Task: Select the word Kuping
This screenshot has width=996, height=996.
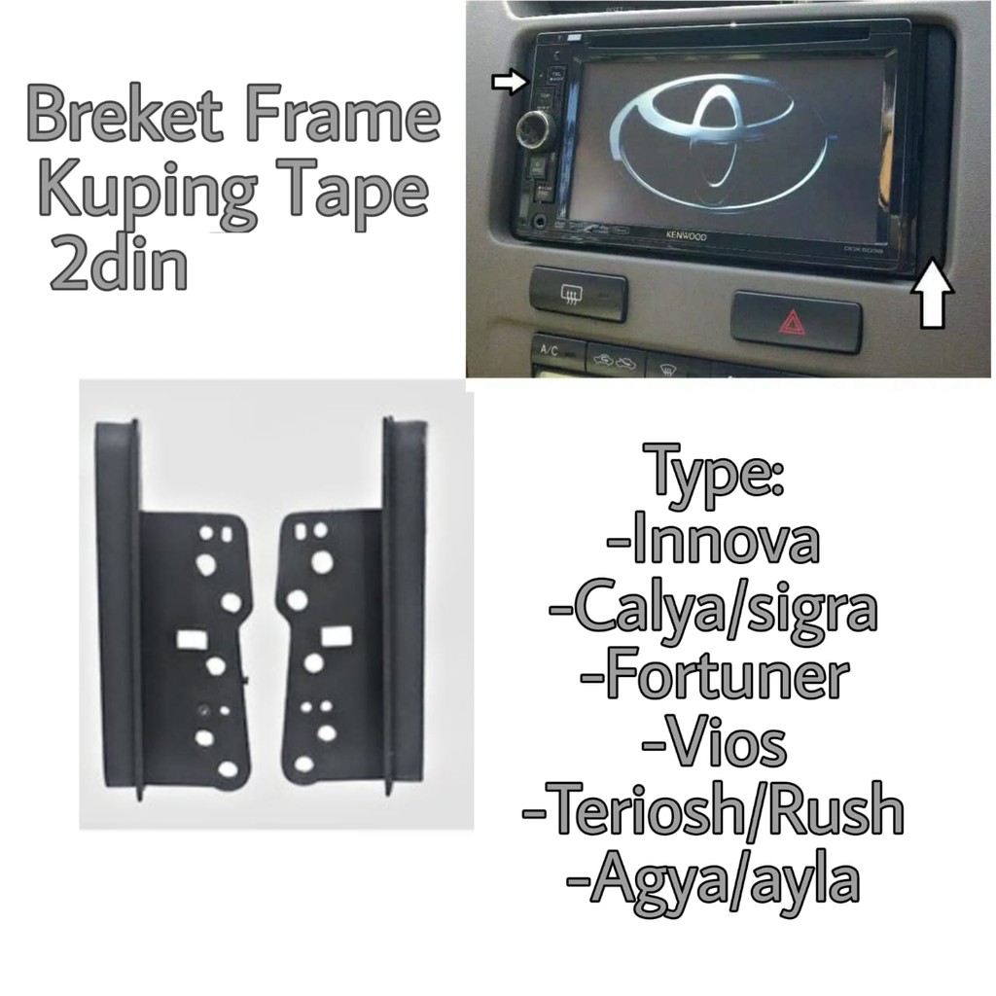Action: [x=144, y=192]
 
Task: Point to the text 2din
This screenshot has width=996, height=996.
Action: [x=118, y=265]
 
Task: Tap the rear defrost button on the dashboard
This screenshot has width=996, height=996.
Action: [x=578, y=295]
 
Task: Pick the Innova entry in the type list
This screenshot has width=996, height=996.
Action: [x=712, y=545]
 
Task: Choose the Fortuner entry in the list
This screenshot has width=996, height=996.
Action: [x=712, y=678]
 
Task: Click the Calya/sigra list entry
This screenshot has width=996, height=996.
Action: [x=712, y=611]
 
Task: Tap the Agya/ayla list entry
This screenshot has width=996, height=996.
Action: [x=713, y=881]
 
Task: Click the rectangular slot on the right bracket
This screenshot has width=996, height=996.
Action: [x=337, y=636]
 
